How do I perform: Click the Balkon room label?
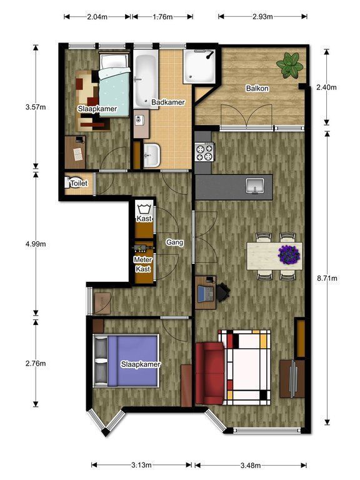tap(257, 89)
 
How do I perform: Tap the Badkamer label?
tap(168, 102)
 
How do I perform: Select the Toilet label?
tap(79, 183)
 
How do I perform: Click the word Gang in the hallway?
tap(175, 242)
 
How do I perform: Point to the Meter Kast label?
tap(143, 264)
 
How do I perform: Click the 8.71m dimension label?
tap(327, 278)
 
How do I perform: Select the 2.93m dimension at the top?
tap(262, 16)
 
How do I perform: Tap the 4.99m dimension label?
tap(36, 244)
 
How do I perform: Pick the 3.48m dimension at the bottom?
tap(251, 466)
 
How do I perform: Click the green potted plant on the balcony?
tap(289, 65)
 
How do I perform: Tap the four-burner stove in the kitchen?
tap(205, 152)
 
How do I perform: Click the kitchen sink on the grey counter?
tap(255, 186)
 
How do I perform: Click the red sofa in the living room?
tap(210, 374)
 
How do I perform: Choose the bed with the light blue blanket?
tap(114, 85)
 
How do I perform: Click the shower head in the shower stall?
tap(210, 55)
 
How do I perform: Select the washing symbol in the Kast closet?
tap(143, 209)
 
